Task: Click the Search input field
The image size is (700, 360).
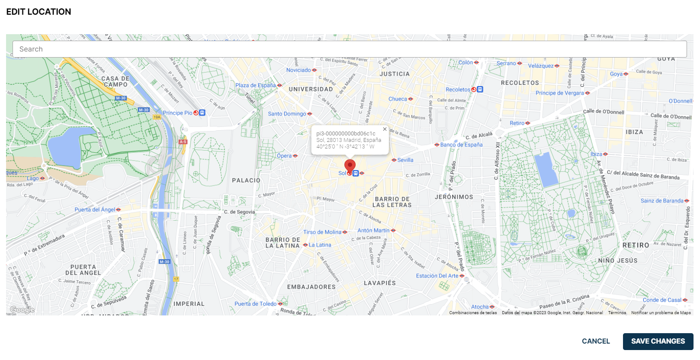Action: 350,49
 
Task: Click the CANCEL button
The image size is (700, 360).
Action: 596,341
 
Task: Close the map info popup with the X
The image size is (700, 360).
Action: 385,129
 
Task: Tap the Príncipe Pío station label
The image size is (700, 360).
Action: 178,113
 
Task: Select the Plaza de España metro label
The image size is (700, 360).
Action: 256,85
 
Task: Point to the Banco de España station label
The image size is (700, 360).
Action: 461,145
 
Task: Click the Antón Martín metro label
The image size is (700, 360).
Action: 373,231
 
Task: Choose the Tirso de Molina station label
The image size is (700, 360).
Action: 322,232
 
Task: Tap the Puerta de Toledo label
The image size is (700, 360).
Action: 255,304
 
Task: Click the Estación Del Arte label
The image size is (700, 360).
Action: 437,276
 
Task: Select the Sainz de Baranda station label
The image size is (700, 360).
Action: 662,201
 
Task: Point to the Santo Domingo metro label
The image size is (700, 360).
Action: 287,114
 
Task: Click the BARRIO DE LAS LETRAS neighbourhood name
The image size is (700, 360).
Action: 392,202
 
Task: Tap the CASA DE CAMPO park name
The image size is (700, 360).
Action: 116,81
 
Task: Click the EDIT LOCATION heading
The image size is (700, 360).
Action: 39,12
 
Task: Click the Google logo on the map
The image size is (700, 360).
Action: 22,310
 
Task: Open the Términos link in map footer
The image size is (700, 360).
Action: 617,313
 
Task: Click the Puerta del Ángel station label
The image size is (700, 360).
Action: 95,210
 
